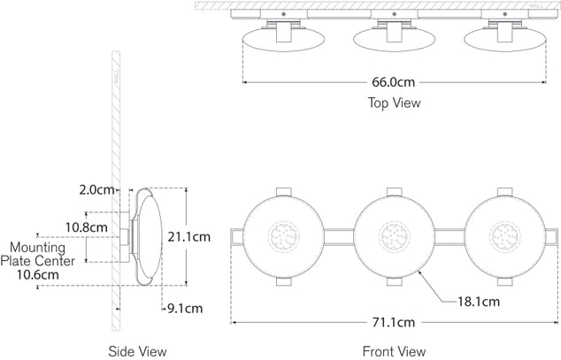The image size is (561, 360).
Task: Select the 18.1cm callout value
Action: tap(477, 302)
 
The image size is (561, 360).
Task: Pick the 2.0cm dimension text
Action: tap(96, 190)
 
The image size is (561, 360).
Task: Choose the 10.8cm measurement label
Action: tap(87, 227)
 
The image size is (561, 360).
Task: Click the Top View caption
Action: tap(394, 103)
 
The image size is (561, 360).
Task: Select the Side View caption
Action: tap(136, 351)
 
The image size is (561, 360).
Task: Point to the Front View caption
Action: tap(395, 351)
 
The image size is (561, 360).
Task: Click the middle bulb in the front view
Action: tap(394, 236)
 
